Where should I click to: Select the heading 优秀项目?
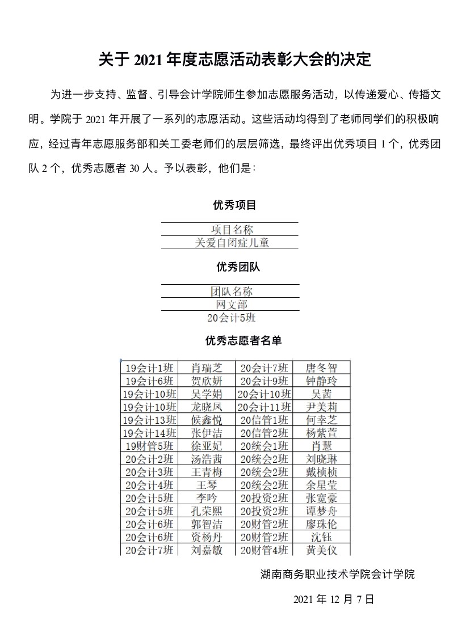click(234, 205)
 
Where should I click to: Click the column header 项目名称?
click(232, 229)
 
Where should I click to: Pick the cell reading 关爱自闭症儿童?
click(232, 243)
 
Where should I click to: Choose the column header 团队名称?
click(232, 292)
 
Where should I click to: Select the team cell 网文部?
click(232, 305)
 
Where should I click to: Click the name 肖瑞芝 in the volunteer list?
click(206, 368)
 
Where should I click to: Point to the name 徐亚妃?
click(206, 446)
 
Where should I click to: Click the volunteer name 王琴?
click(206, 485)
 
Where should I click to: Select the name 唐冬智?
click(321, 368)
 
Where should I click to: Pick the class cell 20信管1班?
click(264, 420)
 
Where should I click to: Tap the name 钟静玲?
click(321, 381)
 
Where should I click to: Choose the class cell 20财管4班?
click(264, 550)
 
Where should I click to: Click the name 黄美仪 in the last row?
click(321, 550)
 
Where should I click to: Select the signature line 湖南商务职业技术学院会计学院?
click(338, 575)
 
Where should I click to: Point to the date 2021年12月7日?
click(334, 599)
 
